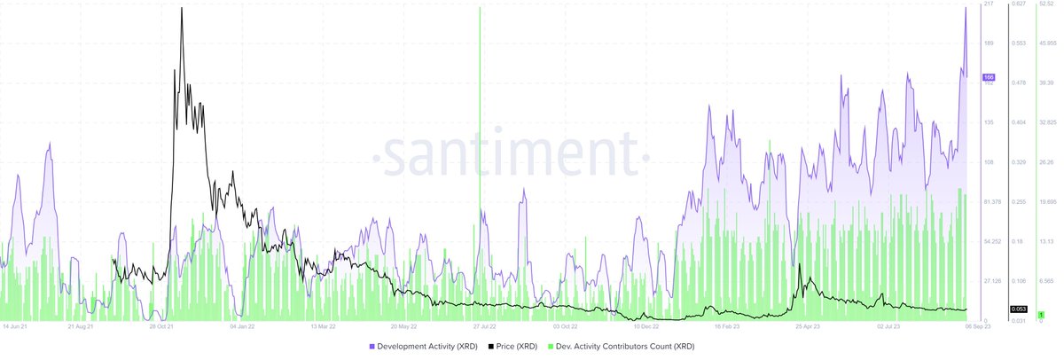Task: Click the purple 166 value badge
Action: (989, 78)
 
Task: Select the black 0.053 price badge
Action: (1018, 309)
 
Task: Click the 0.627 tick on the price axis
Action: (1018, 4)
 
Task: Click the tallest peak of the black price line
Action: (182, 8)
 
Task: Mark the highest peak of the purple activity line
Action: (966, 8)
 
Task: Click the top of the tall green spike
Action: (480, 8)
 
